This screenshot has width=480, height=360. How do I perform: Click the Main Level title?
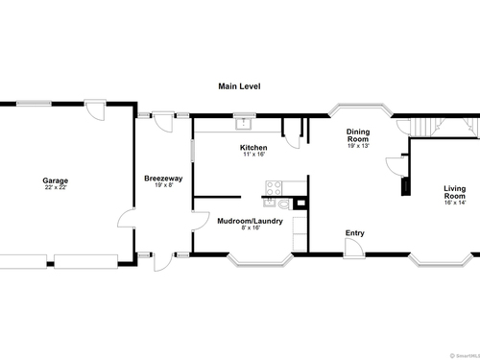(x=239, y=86)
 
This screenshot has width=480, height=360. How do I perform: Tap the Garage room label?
(x=56, y=180)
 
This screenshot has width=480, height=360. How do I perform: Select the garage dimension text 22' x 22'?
(x=56, y=187)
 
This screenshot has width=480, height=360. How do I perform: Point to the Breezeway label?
(x=163, y=179)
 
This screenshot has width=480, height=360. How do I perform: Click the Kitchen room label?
(x=253, y=148)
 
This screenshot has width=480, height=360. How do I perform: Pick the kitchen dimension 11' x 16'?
(x=254, y=155)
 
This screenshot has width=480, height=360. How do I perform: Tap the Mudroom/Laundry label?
(x=250, y=221)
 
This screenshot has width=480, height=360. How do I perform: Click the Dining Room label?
(x=358, y=135)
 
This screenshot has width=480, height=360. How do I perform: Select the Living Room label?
(x=455, y=192)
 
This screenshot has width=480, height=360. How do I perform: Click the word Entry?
(x=355, y=233)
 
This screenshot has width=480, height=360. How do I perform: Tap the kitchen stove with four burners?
(x=274, y=188)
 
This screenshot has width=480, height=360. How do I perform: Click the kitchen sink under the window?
(x=244, y=124)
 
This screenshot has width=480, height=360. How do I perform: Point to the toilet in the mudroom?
(x=283, y=204)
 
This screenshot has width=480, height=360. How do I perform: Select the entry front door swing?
(x=354, y=248)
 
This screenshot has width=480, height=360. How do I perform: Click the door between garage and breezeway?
(x=127, y=218)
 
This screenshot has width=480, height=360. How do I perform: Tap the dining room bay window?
(x=361, y=108)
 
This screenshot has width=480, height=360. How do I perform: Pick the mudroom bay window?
(x=260, y=260)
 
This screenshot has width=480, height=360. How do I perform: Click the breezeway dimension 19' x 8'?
(x=163, y=185)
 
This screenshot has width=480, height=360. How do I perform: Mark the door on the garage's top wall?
(x=95, y=109)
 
